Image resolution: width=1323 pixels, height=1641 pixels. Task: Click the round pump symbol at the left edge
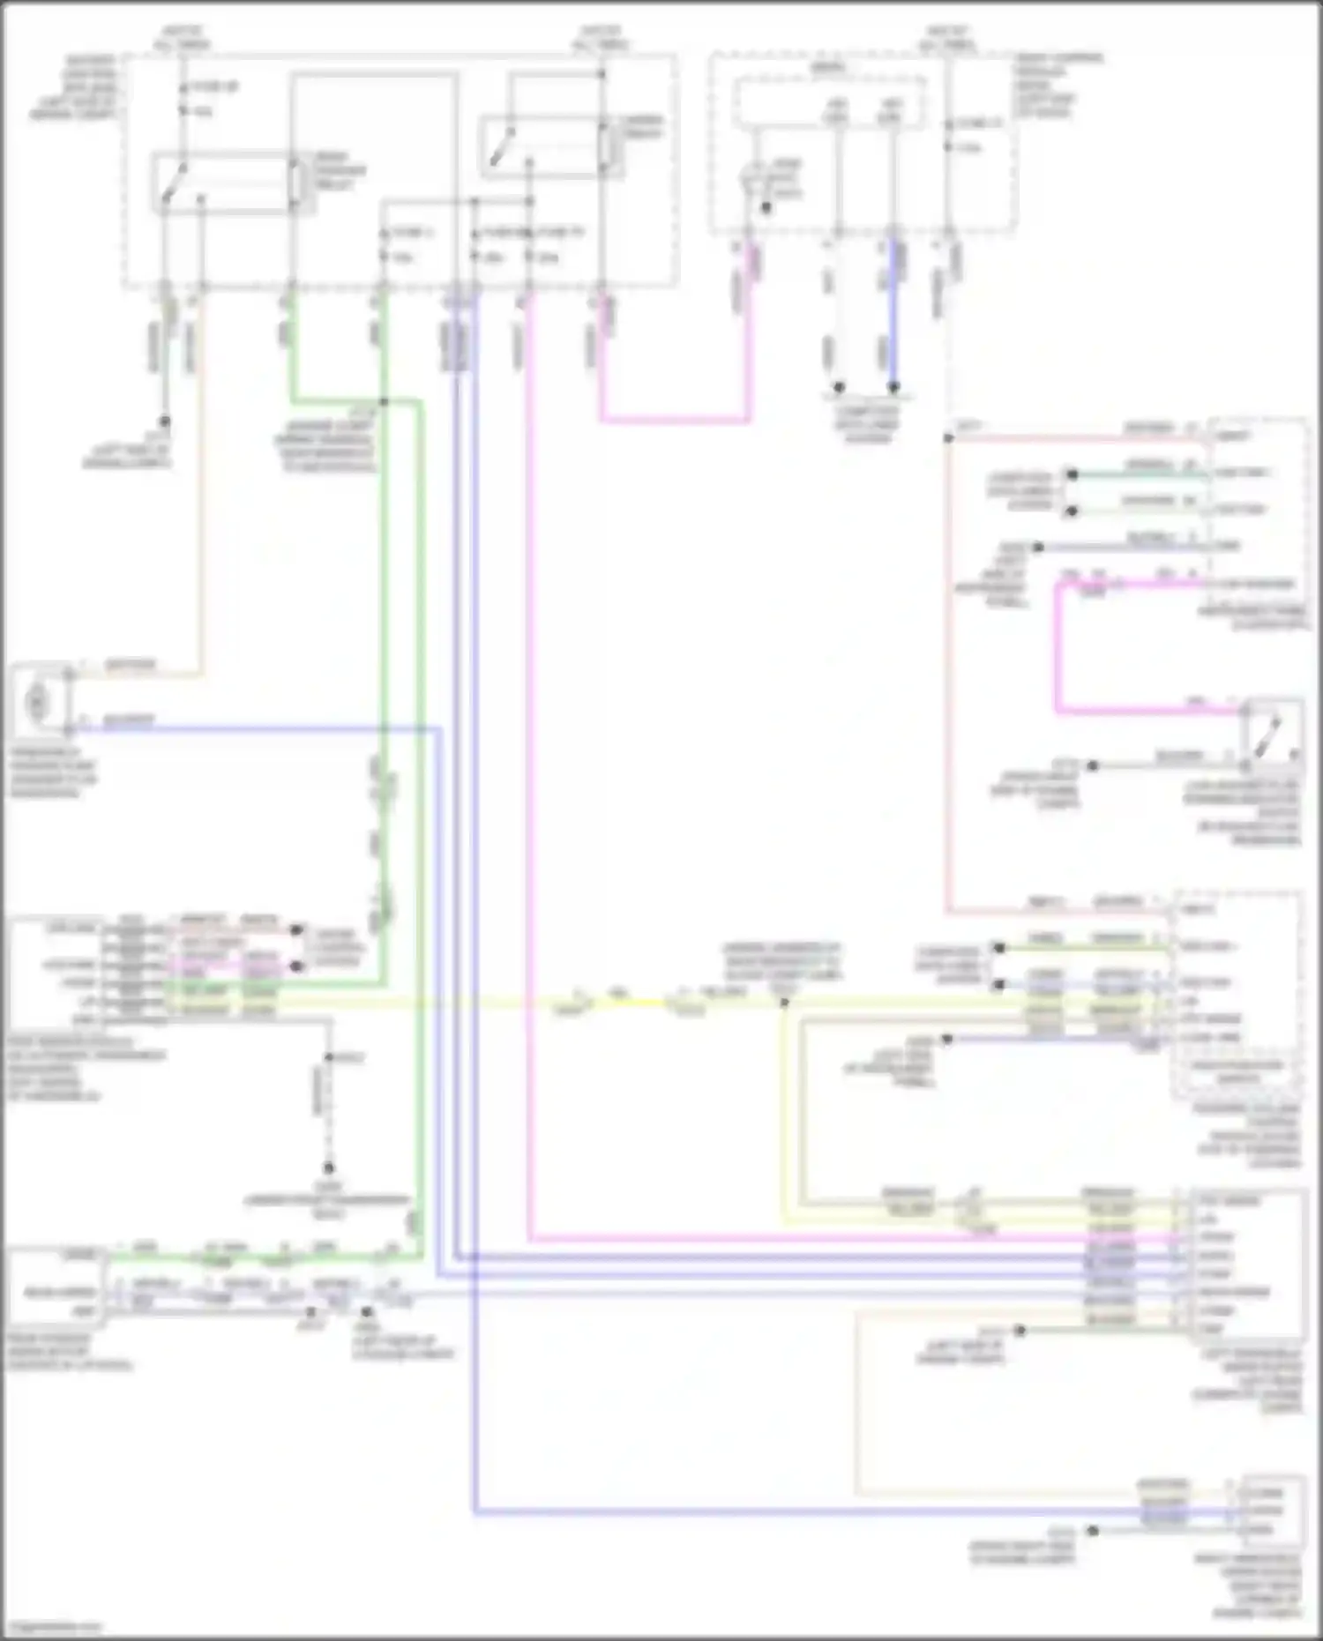point(37,702)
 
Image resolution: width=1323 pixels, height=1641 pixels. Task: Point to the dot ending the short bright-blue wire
point(893,387)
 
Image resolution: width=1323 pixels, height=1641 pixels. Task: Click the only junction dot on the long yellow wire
point(784,1003)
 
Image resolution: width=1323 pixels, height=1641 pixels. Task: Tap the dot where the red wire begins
point(949,438)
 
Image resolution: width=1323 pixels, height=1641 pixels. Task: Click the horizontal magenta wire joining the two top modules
point(675,421)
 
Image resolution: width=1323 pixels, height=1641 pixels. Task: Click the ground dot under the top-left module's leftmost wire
point(164,422)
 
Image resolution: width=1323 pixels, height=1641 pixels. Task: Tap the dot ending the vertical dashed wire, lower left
point(328,1167)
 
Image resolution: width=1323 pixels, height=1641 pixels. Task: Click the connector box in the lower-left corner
point(55,1287)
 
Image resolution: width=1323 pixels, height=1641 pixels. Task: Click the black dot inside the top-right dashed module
point(766,208)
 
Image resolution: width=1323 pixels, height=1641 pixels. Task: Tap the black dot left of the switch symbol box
point(1092,765)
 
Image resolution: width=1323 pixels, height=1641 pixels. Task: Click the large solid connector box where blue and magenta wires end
point(1245,1264)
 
